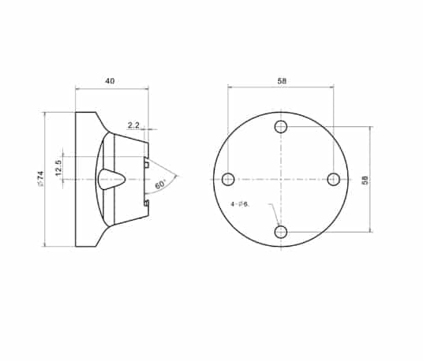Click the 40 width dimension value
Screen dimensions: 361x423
[x=110, y=80]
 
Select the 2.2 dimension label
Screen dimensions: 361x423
[x=133, y=125]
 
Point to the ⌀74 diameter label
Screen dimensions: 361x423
[x=39, y=180]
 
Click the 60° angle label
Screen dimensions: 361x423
[x=161, y=184]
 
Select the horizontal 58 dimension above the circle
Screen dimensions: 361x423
[x=281, y=80]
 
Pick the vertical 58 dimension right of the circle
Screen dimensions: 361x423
[x=365, y=180]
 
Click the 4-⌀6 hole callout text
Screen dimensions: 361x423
[x=240, y=204]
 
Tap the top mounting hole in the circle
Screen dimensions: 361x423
[x=281, y=127]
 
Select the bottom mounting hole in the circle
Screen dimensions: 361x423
[x=281, y=232]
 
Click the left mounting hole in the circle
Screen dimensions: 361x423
[x=228, y=180]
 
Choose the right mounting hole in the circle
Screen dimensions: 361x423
[x=334, y=180]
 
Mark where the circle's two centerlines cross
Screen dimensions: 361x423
[x=281, y=180]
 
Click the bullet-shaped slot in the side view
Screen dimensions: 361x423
[x=110, y=180]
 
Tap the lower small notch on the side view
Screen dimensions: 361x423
[x=148, y=204]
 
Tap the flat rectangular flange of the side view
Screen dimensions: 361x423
[x=84, y=180]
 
